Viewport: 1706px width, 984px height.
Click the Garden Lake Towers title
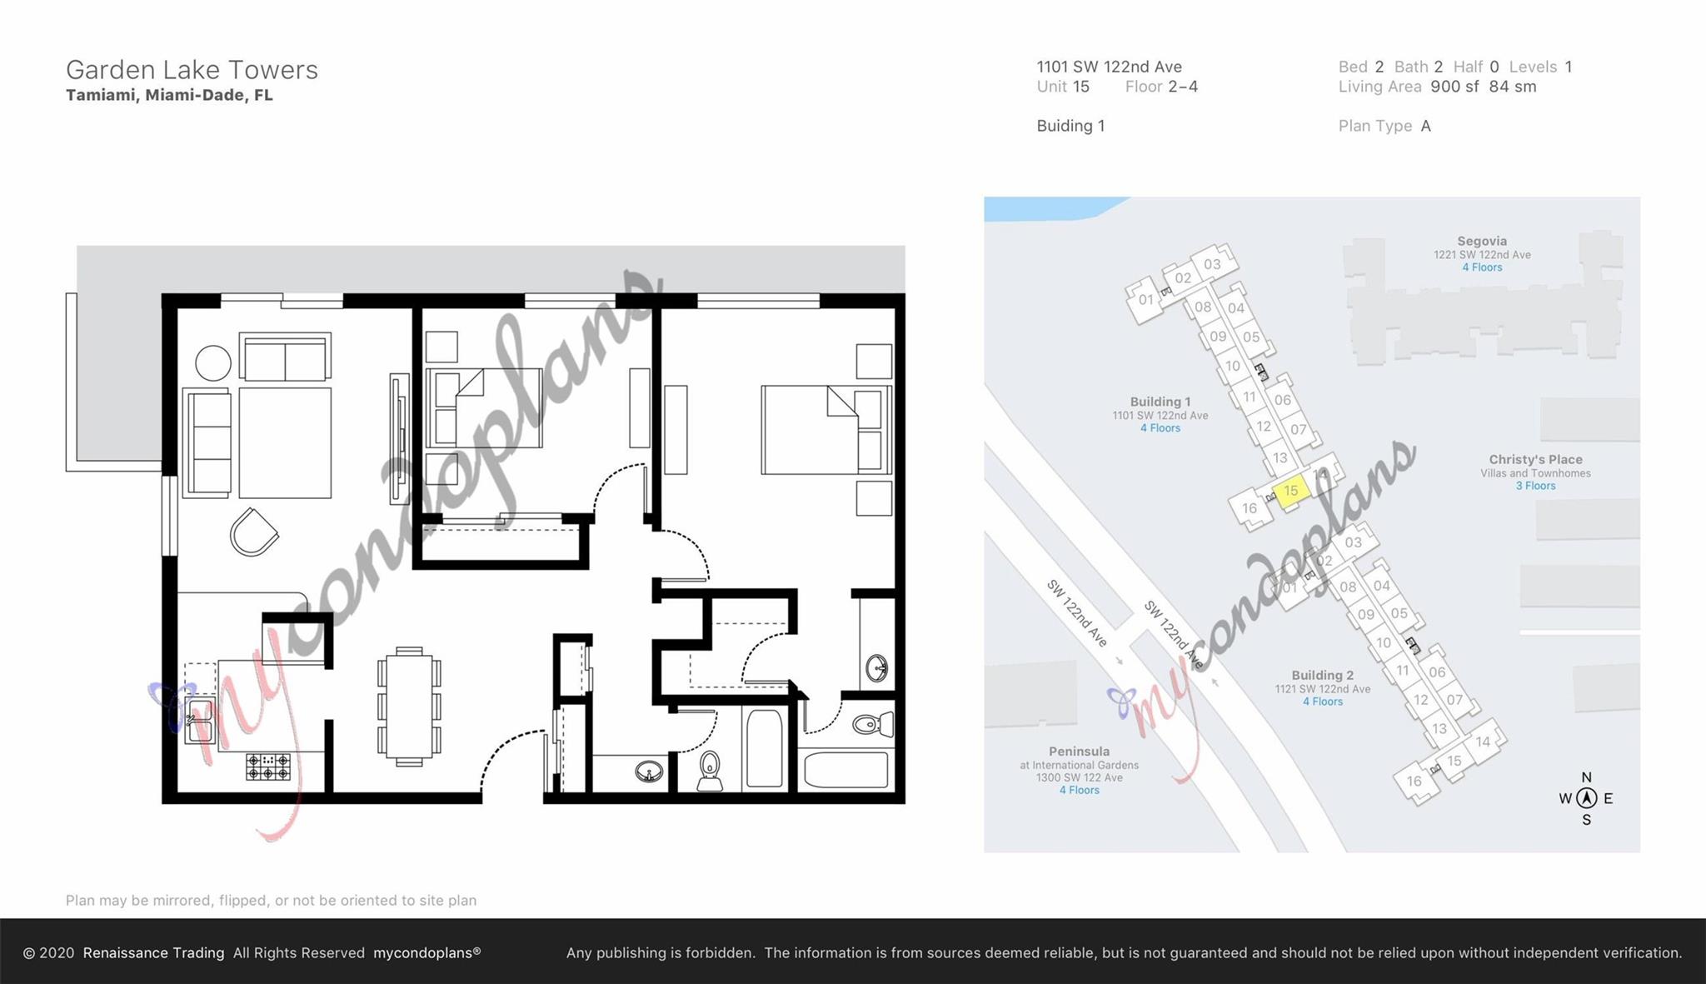click(192, 70)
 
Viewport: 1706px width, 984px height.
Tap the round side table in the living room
click(213, 363)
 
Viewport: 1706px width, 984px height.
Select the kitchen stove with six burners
click(268, 767)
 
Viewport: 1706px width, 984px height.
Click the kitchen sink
click(201, 722)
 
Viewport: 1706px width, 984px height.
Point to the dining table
click(409, 707)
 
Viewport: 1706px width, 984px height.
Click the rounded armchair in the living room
click(253, 532)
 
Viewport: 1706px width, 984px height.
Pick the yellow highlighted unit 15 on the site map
click(1290, 491)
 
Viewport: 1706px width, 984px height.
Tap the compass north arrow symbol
click(1586, 798)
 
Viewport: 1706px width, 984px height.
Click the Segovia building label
click(1482, 242)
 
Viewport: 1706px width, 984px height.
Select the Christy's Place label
click(1535, 460)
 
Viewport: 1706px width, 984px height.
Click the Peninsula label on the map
click(1079, 752)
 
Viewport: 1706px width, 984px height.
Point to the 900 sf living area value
click(1454, 87)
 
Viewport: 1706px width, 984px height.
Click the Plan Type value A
click(1426, 126)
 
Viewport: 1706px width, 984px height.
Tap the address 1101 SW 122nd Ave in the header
click(1109, 67)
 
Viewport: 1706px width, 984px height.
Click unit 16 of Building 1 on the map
click(1249, 508)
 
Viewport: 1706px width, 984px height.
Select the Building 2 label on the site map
click(1322, 676)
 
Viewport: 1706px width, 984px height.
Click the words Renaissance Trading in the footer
click(153, 952)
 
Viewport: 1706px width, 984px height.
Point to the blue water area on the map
click(1050, 207)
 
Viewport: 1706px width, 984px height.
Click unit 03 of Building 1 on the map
click(1212, 264)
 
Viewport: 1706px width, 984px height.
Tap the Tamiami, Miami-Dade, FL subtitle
click(169, 95)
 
